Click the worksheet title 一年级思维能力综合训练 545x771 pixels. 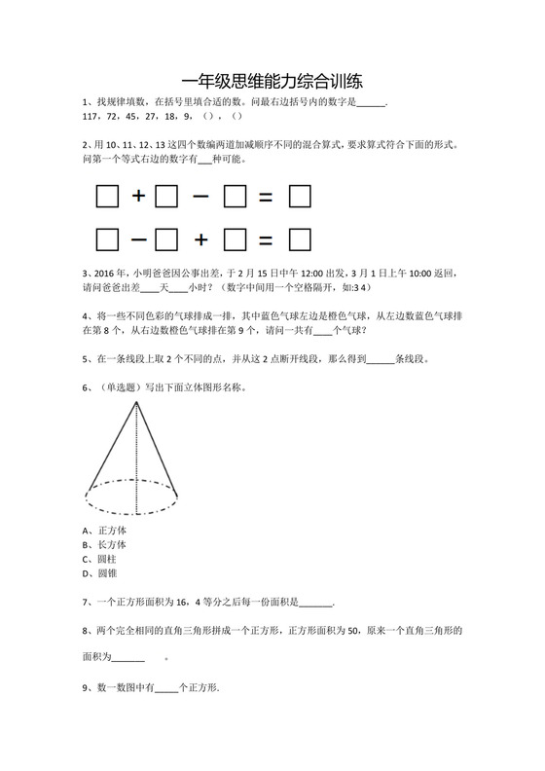[272, 82]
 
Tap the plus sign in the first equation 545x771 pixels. [138, 197]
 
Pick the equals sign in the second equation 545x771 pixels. [265, 239]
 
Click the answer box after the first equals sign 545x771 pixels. [301, 197]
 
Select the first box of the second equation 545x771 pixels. [107, 239]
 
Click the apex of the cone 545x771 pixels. [133, 403]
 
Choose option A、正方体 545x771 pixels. [106, 531]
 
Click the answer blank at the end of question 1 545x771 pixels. [372, 101]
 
